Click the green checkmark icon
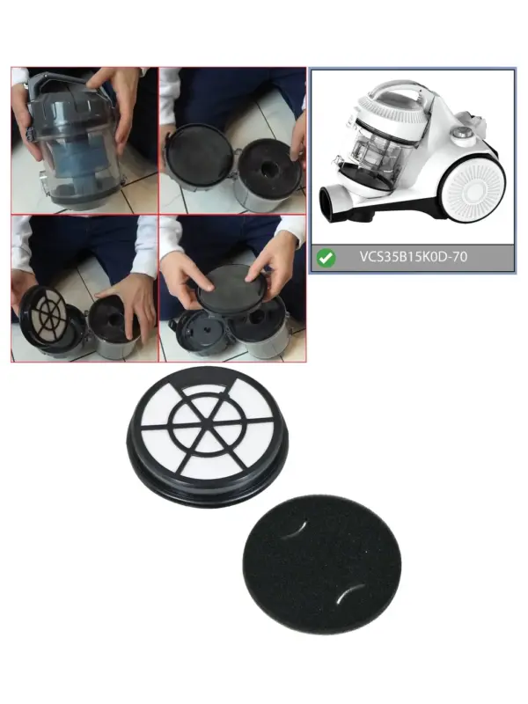tap(326, 258)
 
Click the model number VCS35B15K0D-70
tap(413, 257)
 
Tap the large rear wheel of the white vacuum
tap(472, 192)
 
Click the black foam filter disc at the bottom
tap(321, 564)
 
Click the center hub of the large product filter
tap(207, 423)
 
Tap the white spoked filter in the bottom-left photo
tap(48, 313)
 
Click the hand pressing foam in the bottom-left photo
tap(127, 309)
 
